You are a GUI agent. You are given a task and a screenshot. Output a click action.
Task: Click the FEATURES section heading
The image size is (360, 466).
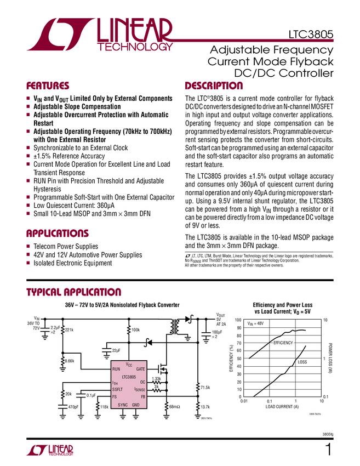48,86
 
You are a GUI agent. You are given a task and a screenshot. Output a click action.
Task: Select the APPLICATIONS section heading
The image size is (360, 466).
58,234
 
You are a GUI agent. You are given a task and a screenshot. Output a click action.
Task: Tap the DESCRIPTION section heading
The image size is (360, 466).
214,86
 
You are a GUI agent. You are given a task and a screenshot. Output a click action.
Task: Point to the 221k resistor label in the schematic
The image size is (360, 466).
69,330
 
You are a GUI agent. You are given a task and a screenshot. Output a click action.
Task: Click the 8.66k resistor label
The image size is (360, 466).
70,361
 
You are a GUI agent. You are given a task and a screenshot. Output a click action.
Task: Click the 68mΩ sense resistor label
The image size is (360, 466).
175,406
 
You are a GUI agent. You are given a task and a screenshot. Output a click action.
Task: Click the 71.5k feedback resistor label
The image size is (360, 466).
206,388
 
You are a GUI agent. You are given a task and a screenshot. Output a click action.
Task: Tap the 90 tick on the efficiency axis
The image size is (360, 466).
238,327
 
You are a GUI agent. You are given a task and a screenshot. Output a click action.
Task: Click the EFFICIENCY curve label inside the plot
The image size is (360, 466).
283,343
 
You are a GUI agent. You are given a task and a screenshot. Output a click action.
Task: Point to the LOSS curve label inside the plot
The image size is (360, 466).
302,362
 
